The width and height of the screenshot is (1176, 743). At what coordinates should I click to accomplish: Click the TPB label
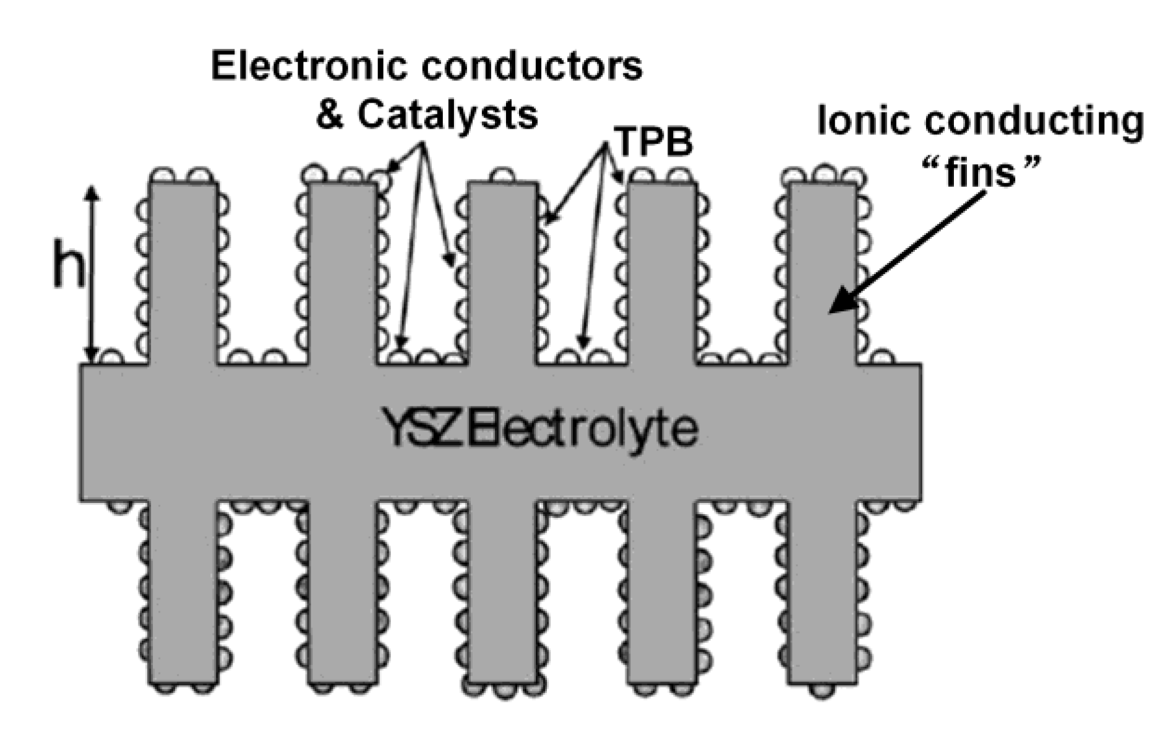655,142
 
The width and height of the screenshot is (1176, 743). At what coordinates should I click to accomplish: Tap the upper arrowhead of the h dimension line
92,192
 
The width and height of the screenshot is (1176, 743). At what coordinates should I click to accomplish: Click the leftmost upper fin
183,272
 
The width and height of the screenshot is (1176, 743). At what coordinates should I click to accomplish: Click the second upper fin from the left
342,272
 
